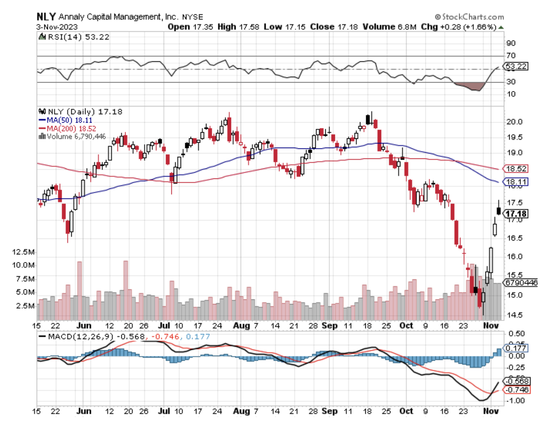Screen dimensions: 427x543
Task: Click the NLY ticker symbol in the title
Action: point(46,17)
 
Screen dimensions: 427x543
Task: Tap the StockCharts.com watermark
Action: point(469,17)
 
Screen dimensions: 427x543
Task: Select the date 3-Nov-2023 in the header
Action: point(57,27)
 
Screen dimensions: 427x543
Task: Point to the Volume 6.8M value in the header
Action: point(390,27)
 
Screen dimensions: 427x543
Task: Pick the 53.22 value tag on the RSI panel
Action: point(516,66)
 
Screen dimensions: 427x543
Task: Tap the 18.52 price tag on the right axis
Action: point(516,168)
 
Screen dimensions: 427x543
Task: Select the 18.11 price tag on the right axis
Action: point(516,182)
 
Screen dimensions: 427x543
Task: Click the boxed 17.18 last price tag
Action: point(516,214)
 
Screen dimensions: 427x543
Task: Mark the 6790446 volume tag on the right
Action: point(520,283)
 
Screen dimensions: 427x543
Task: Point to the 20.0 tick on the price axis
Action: point(514,122)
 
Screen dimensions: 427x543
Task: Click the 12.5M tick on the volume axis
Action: point(23,252)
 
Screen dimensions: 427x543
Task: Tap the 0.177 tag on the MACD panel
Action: point(515,348)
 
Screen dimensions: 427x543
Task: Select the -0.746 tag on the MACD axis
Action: point(516,389)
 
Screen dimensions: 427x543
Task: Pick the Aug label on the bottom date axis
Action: point(241,411)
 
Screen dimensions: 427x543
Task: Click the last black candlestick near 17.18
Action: point(498,211)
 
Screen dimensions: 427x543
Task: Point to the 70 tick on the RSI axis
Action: point(511,55)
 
